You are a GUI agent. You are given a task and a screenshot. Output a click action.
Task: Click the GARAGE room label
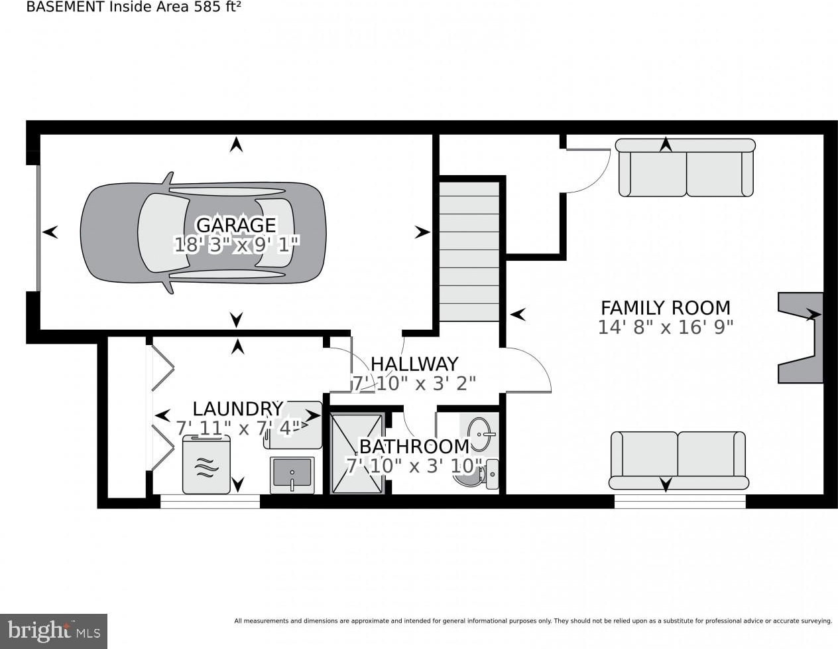(x=236, y=225)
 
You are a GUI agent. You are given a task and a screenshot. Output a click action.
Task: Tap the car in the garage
(x=204, y=233)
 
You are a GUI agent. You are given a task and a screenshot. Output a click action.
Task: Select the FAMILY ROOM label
(x=666, y=308)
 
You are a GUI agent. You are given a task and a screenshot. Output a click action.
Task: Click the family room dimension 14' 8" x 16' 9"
(x=665, y=327)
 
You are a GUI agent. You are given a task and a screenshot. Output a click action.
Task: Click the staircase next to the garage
(x=469, y=252)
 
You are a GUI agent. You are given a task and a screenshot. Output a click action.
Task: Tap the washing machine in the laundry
(x=206, y=465)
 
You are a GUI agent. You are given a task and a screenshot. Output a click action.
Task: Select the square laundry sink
(x=292, y=474)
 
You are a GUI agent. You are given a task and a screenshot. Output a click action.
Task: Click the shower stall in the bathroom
(x=357, y=453)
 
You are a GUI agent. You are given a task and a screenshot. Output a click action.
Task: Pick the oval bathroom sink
(x=480, y=435)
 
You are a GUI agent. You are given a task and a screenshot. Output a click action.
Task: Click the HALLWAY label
(x=414, y=364)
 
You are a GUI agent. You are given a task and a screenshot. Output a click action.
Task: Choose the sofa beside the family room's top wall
(x=686, y=167)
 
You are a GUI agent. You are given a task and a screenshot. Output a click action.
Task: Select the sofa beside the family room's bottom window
(x=679, y=461)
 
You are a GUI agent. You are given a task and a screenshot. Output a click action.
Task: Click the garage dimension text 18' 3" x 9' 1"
(x=237, y=245)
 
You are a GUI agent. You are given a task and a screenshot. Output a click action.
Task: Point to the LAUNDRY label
(x=238, y=409)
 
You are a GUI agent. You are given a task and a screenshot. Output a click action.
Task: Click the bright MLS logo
(x=54, y=632)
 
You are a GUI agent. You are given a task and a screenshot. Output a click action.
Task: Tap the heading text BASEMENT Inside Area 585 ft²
(x=133, y=7)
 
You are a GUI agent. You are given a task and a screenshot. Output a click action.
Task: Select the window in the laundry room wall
(x=210, y=502)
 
